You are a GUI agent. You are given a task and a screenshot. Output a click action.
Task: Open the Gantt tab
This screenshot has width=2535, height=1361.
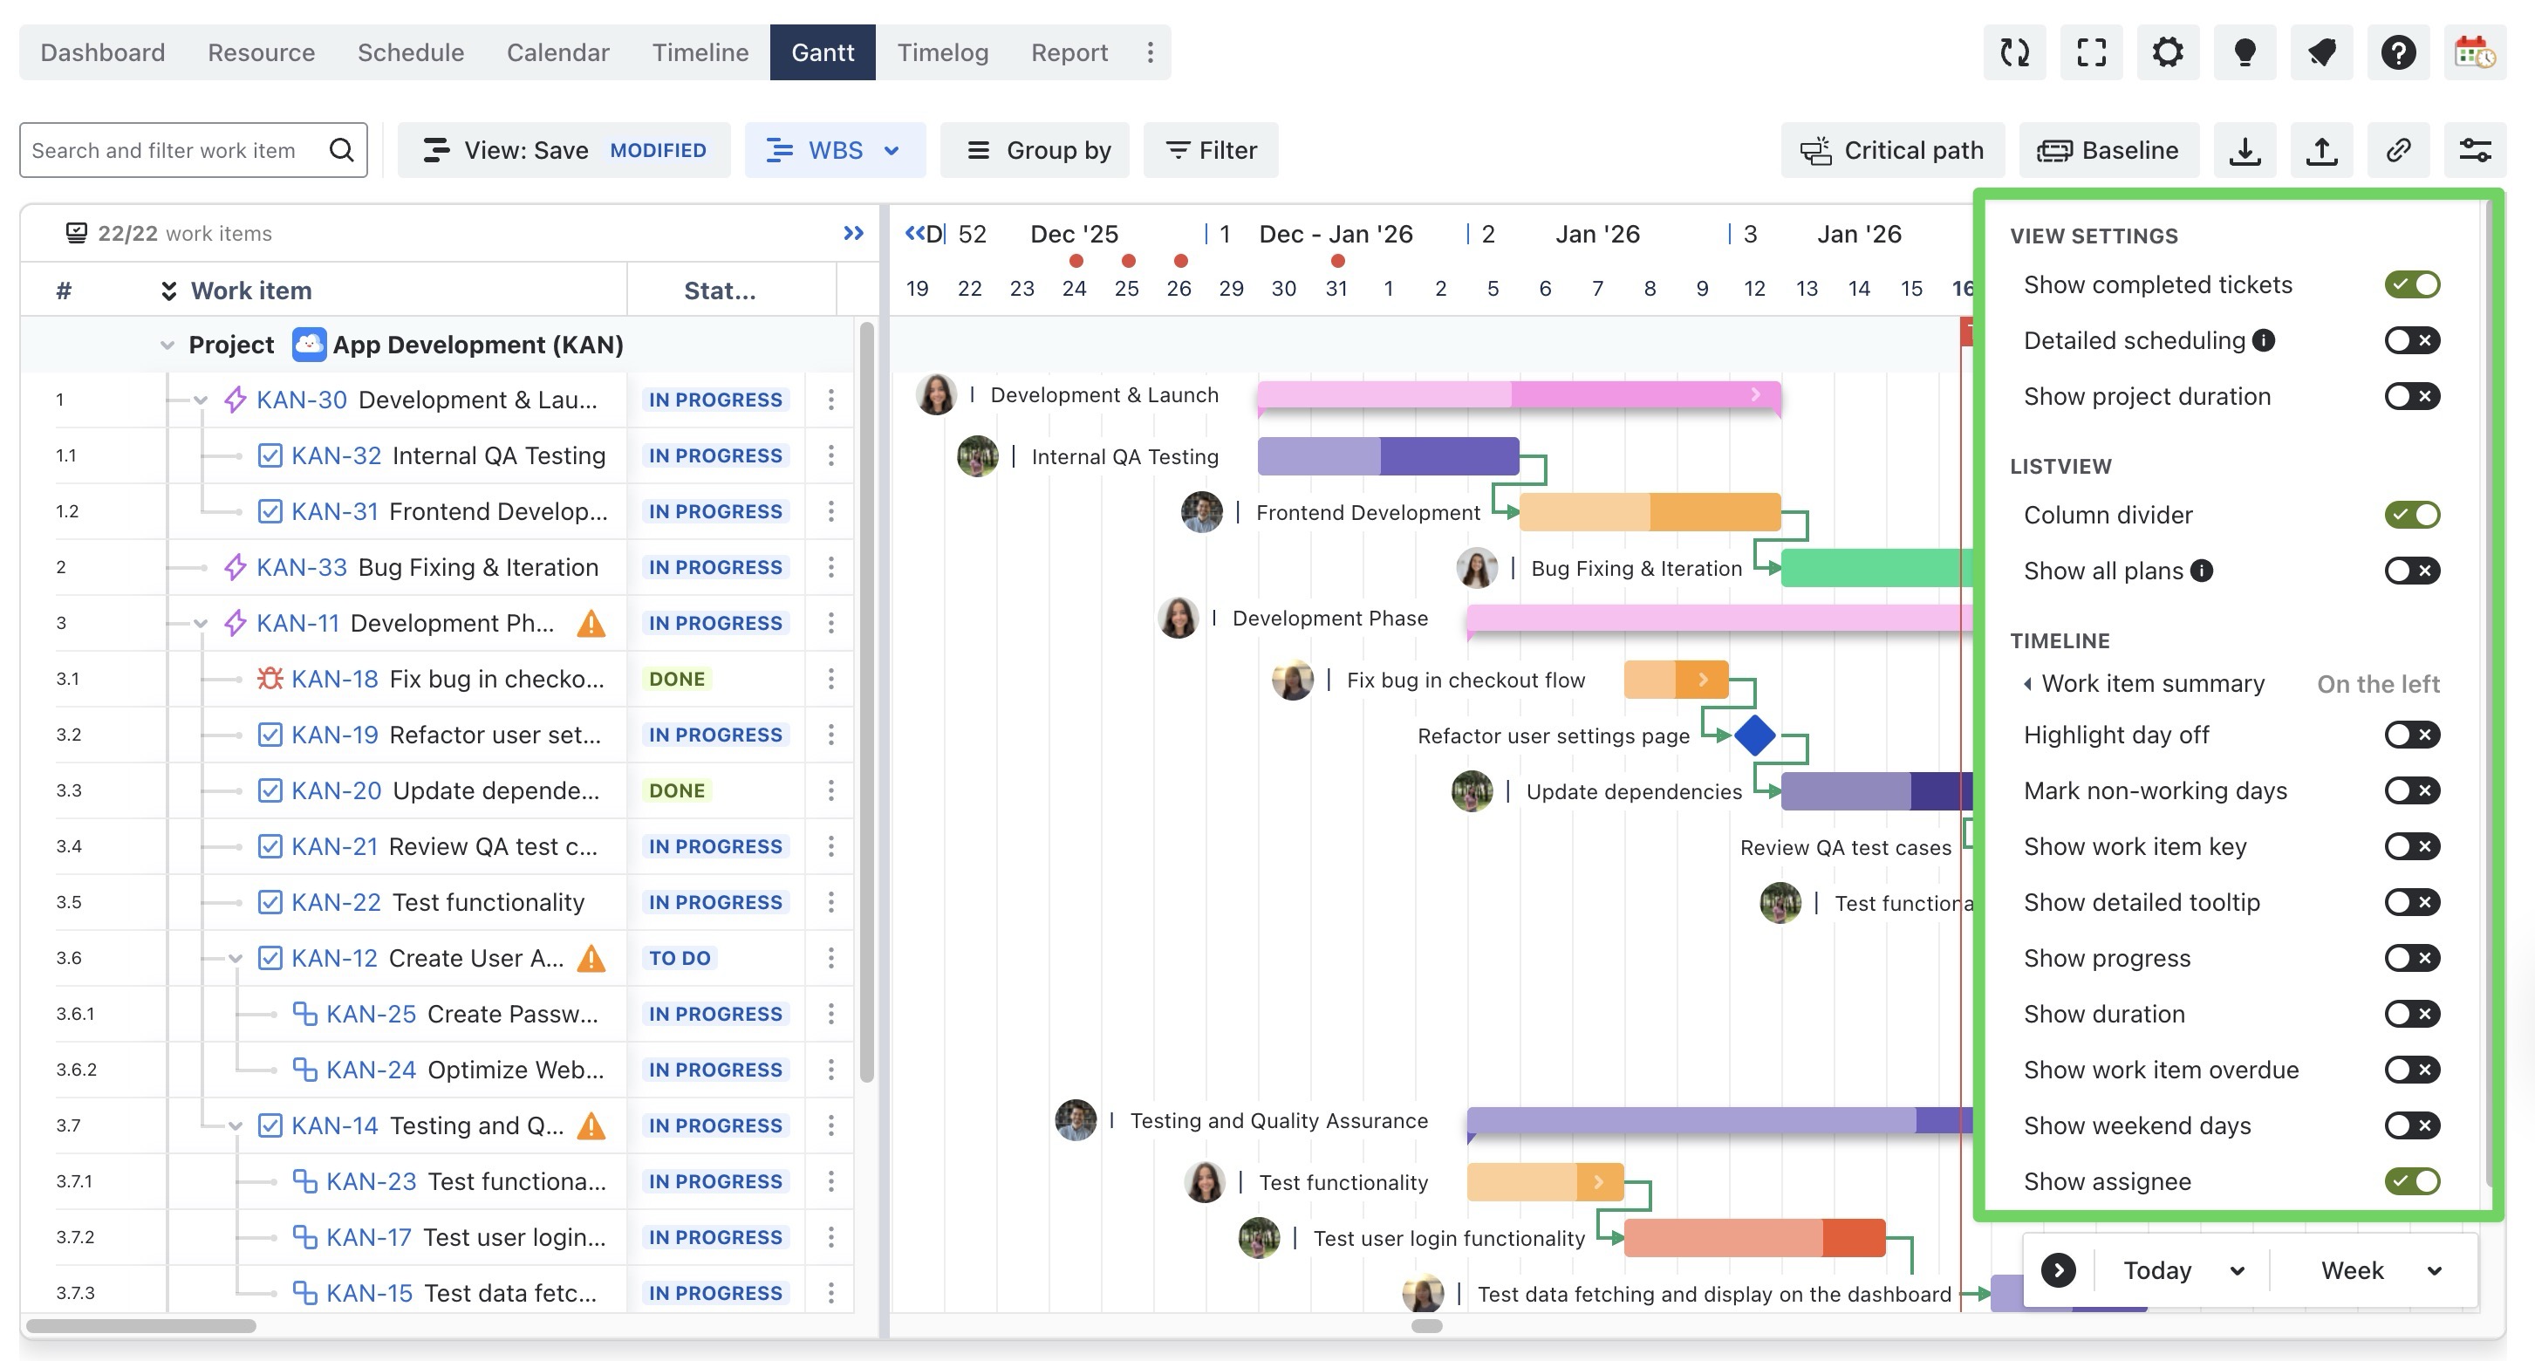[822, 52]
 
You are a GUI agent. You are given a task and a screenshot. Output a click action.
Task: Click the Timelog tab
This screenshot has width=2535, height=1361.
[942, 52]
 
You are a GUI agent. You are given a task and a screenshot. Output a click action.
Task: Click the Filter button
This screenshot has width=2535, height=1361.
[1211, 151]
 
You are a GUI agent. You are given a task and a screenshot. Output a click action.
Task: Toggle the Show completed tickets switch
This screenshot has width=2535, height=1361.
[2411, 285]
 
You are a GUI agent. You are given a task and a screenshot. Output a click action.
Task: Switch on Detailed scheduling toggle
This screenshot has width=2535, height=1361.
[2411, 340]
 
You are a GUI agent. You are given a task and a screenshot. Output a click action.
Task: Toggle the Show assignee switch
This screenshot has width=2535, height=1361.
[2411, 1181]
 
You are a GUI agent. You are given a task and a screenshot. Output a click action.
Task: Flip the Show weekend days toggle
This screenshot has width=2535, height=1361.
[2411, 1125]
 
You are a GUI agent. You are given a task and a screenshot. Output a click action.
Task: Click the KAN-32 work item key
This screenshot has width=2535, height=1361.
[336, 455]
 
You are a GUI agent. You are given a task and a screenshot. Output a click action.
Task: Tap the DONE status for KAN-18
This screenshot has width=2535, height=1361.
[677, 679]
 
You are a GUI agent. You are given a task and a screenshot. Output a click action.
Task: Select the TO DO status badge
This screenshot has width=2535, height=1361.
[679, 958]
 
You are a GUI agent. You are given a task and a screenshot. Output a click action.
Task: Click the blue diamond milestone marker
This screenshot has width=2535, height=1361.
[1754, 735]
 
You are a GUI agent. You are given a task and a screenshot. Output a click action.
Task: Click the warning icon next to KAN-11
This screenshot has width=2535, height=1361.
[591, 624]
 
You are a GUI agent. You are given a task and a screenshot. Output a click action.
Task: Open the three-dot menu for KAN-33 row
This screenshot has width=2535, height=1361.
[830, 568]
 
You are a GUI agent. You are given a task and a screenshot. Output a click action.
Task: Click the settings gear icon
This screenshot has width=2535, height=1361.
[2167, 52]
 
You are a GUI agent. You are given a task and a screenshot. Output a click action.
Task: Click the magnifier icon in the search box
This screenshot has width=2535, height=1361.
[341, 151]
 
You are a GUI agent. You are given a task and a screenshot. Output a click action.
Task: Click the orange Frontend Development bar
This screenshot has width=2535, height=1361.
[1650, 513]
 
